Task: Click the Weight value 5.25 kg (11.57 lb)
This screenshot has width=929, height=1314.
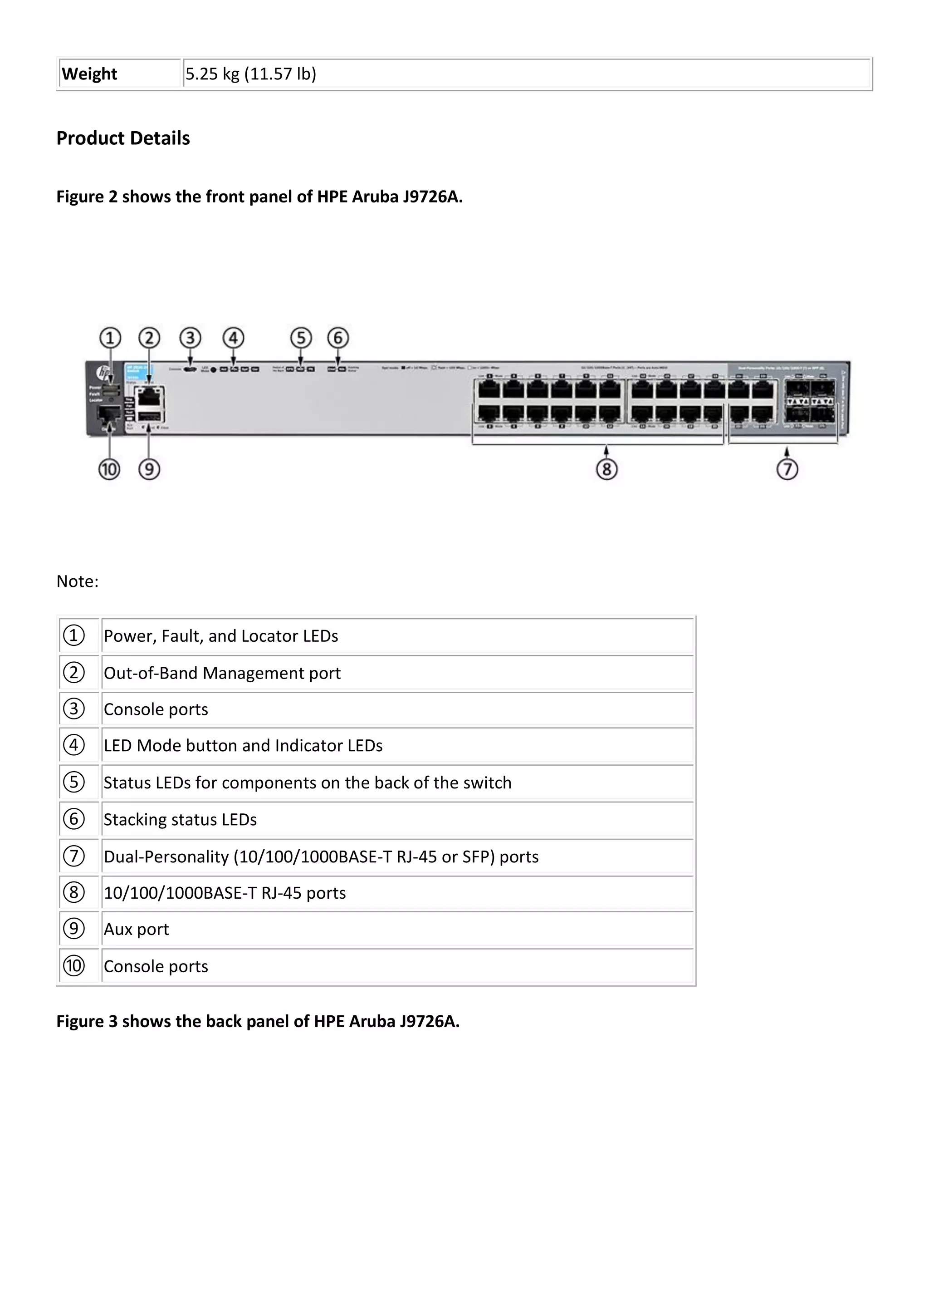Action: pos(250,74)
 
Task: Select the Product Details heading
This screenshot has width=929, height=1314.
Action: pos(123,138)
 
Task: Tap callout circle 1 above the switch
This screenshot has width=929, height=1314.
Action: pos(110,338)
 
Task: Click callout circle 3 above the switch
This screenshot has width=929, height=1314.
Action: pos(191,338)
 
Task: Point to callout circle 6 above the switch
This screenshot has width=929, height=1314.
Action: pos(337,338)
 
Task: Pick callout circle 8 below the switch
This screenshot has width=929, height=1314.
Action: pos(606,469)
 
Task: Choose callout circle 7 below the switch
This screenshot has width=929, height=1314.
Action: pos(787,469)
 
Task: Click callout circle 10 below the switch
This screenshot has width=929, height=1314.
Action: pos(109,469)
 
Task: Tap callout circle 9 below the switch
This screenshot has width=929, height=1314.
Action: pos(149,469)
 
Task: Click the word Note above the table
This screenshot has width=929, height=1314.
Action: pos(77,581)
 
